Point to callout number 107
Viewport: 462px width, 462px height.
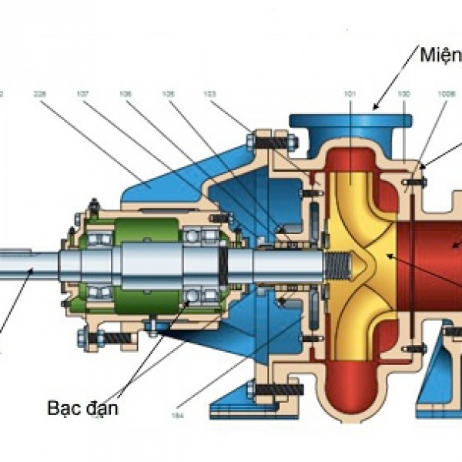(82, 93)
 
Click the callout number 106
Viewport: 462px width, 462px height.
(126, 93)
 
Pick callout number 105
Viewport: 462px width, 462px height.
(168, 93)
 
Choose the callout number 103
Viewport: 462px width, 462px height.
(209, 93)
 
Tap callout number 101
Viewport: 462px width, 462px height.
(350, 93)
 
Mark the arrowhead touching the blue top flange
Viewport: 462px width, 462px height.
(375, 109)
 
